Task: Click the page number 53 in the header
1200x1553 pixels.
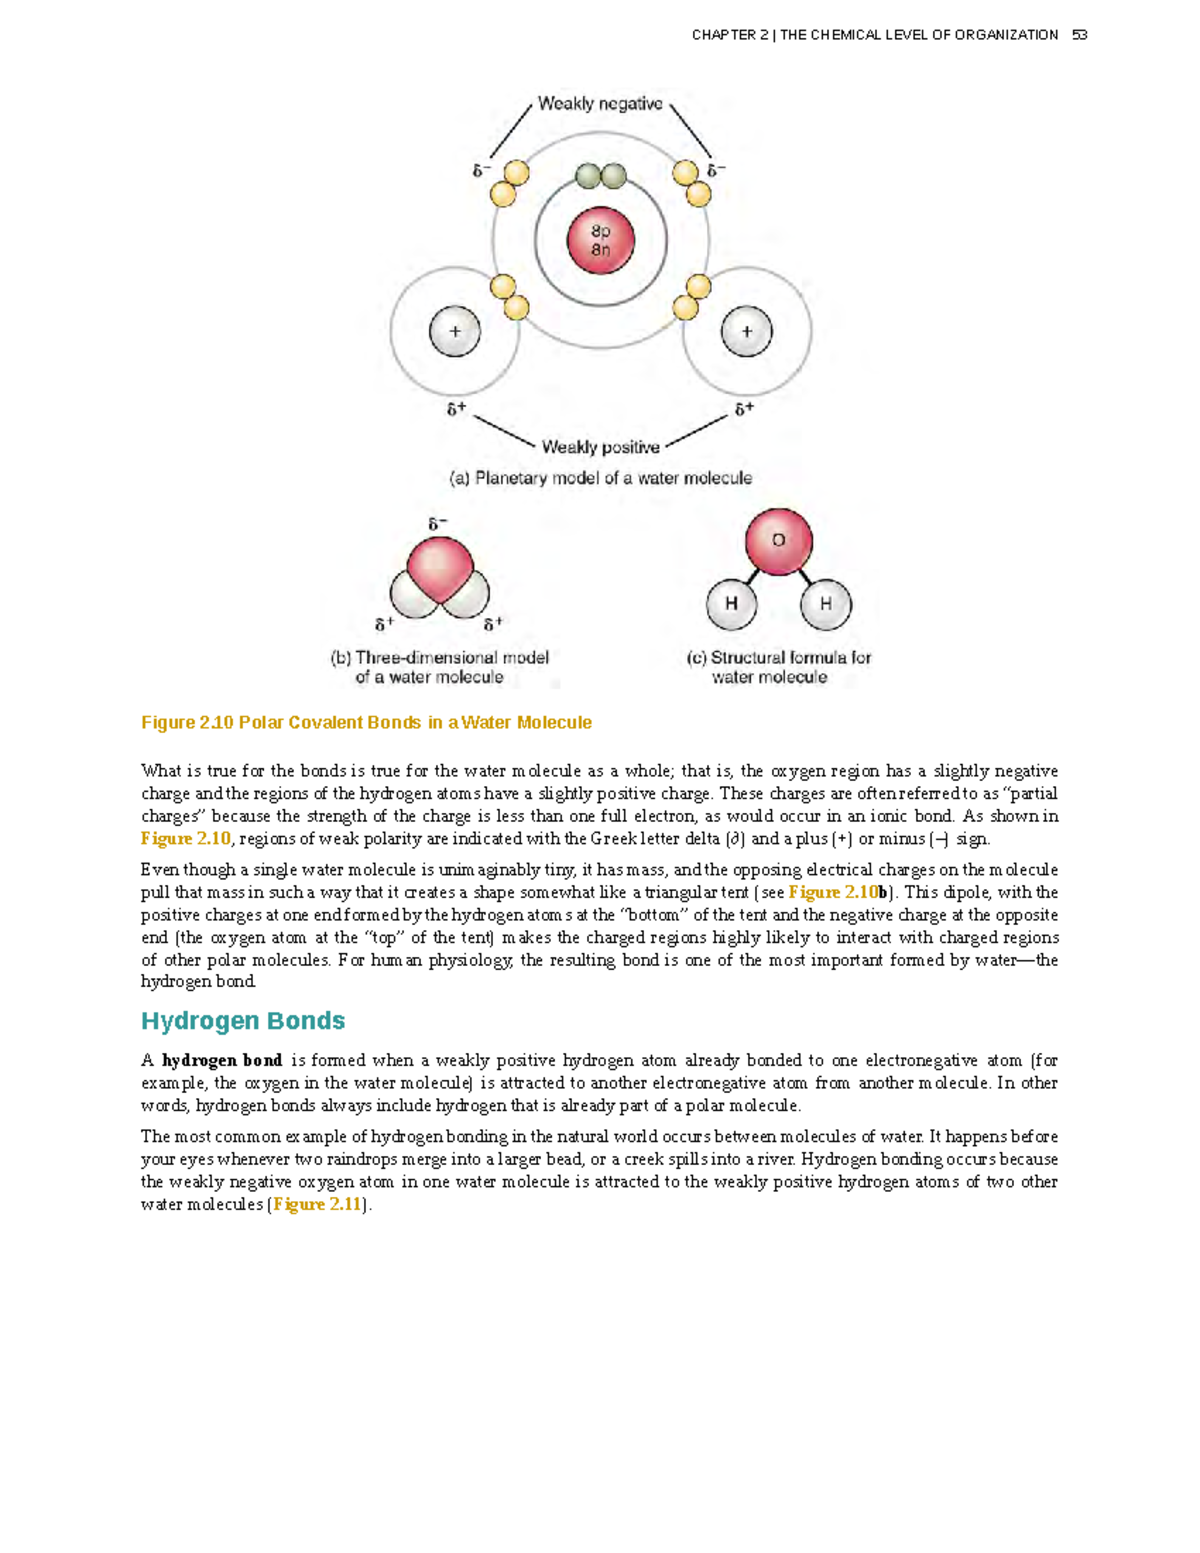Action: click(x=1079, y=35)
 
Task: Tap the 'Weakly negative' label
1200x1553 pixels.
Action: click(x=600, y=104)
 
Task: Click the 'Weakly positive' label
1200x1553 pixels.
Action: click(x=600, y=447)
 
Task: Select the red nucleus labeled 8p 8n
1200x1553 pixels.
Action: click(x=600, y=241)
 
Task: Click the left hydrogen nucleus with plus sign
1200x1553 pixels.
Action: click(x=455, y=331)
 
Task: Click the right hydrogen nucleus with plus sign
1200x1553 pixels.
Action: click(x=746, y=331)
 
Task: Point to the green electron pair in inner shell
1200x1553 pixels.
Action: click(x=601, y=177)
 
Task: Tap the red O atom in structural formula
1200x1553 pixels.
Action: click(x=778, y=541)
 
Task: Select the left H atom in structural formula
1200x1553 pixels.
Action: click(x=731, y=604)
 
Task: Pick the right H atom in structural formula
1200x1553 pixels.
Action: click(x=826, y=604)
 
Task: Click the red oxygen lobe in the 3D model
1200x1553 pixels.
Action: click(x=439, y=568)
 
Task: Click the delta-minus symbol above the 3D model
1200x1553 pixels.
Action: click(x=438, y=524)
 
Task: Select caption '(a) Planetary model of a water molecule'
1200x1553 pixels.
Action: click(x=600, y=478)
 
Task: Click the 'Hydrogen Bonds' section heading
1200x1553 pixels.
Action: click(x=243, y=1021)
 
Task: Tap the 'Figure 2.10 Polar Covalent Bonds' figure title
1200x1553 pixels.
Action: click(x=366, y=722)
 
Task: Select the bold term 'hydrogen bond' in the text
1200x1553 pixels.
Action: click(x=222, y=1060)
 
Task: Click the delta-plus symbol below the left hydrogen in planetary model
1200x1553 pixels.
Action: click(x=456, y=409)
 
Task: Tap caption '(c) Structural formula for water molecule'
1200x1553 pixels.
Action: click(x=778, y=667)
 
